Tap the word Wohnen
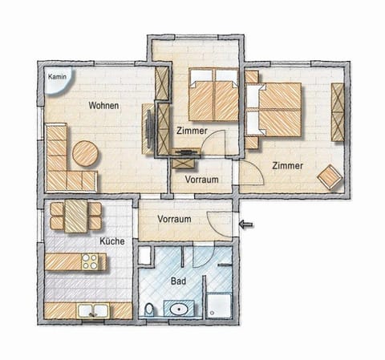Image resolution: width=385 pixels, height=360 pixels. (x=104, y=105)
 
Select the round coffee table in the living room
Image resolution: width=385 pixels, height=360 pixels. (x=85, y=152)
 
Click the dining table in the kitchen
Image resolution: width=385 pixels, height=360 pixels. (x=75, y=215)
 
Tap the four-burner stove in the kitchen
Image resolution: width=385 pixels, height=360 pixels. (x=92, y=261)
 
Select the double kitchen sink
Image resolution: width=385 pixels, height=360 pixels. (x=89, y=310)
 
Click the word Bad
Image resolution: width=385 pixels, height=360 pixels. (x=179, y=281)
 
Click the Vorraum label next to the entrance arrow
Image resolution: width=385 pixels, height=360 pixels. (x=174, y=219)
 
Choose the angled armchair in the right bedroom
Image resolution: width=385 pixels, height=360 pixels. (x=329, y=177)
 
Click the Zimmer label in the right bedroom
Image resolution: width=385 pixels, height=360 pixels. (x=287, y=165)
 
